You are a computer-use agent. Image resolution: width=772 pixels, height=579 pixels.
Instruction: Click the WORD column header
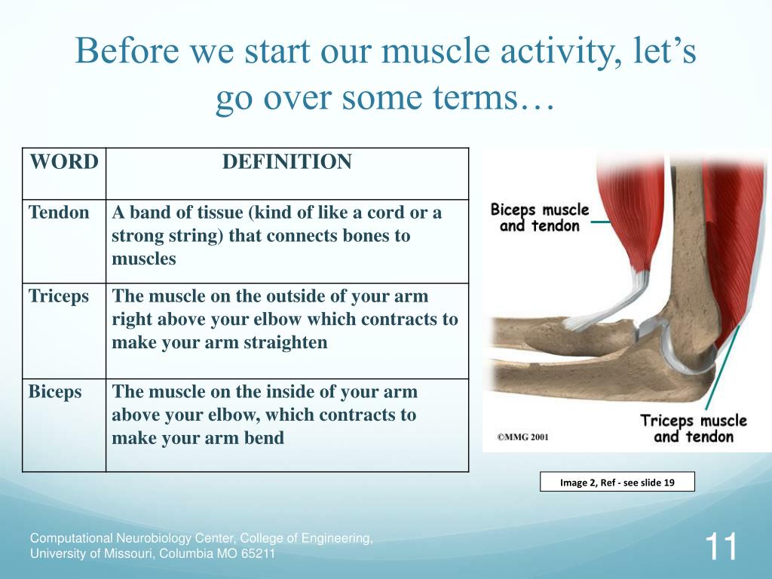point(64,162)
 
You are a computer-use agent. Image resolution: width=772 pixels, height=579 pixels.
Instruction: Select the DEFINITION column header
point(287,162)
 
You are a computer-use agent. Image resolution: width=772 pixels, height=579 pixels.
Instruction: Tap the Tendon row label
point(59,213)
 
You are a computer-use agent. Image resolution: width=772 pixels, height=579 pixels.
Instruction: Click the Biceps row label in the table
point(55,392)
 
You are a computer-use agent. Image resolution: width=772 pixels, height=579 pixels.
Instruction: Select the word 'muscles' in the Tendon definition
point(144,259)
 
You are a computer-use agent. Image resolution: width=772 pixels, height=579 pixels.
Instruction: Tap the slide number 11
point(721,547)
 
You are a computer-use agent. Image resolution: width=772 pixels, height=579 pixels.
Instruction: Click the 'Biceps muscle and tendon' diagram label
point(540,218)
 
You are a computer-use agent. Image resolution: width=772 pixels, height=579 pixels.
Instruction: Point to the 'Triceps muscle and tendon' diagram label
point(694,428)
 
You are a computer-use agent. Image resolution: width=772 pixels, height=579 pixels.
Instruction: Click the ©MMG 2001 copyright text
point(522,437)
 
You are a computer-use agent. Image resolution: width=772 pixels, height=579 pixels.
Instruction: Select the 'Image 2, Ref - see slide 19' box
point(617,482)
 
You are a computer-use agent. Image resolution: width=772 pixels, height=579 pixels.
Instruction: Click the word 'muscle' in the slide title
point(436,51)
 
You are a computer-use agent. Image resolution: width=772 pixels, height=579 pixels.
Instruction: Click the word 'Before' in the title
point(127,51)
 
